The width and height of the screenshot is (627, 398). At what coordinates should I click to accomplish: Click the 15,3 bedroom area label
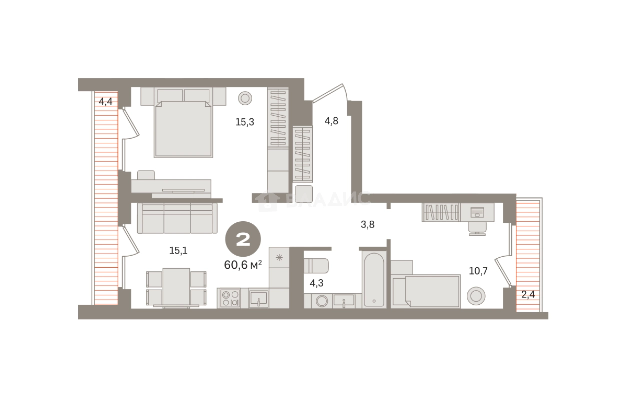(x=245, y=122)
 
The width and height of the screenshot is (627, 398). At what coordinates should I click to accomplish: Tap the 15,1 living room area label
(x=178, y=251)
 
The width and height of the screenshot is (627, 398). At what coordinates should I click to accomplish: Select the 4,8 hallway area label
(x=331, y=121)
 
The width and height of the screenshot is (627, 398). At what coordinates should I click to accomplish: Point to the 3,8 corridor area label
(x=368, y=224)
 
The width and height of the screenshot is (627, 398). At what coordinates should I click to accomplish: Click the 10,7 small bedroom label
(x=478, y=271)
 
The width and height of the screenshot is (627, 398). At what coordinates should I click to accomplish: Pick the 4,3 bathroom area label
(x=317, y=283)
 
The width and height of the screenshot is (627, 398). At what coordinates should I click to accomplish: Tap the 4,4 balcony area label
(x=106, y=101)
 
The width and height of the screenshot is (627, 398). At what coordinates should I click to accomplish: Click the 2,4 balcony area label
(x=528, y=294)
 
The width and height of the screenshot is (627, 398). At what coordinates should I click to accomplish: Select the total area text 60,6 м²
(x=243, y=265)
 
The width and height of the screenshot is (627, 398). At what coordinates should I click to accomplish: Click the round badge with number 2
(x=243, y=239)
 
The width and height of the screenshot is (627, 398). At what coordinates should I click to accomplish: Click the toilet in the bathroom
(x=316, y=266)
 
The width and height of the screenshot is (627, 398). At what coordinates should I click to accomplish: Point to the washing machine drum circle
(x=322, y=301)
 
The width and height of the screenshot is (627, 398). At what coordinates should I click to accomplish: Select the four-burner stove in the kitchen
(x=230, y=298)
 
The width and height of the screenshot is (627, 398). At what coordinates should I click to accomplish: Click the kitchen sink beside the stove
(x=258, y=298)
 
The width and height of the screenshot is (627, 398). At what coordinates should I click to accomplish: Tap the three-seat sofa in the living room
(x=177, y=218)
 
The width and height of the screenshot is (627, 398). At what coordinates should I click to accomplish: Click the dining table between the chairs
(x=176, y=287)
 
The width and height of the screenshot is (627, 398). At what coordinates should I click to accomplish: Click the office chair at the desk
(x=477, y=228)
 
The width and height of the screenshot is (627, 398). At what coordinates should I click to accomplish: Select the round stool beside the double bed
(x=245, y=99)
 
